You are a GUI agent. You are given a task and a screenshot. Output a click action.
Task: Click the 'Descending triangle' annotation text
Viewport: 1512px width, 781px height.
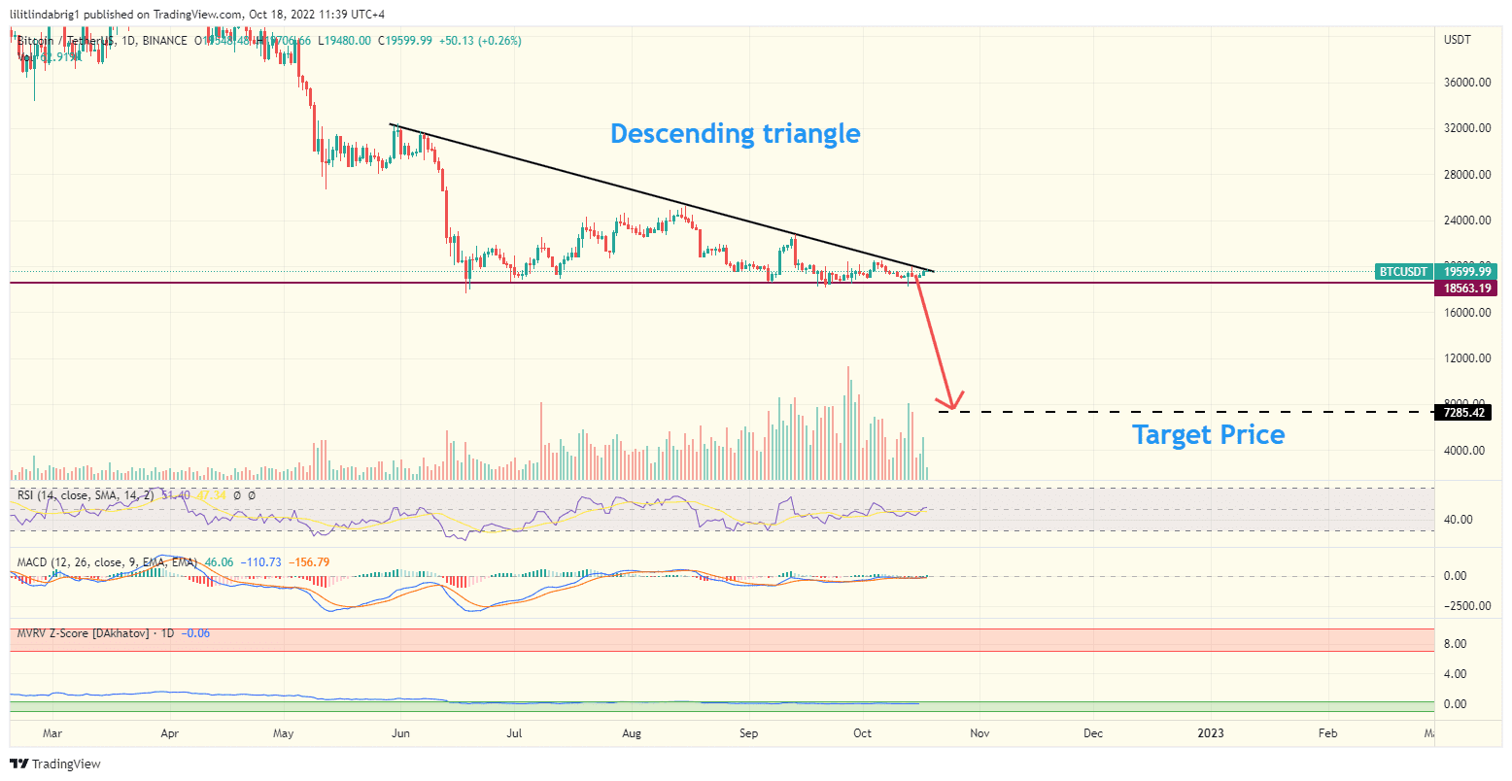(735, 133)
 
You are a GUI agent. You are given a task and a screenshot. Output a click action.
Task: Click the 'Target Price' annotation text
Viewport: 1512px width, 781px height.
(1208, 434)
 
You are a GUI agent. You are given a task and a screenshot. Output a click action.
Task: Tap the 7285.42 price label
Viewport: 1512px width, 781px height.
(1463, 413)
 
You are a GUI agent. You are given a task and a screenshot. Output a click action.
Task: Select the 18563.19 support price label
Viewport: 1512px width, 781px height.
(1463, 289)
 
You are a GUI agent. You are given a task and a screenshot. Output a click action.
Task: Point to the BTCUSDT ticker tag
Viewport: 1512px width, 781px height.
(1404, 272)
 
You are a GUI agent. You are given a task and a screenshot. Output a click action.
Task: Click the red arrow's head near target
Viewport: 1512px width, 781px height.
(950, 401)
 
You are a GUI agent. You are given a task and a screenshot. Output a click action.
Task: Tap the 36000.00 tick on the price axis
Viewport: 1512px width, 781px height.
(1467, 83)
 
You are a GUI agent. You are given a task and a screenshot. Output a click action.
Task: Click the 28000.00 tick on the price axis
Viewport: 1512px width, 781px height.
(1467, 175)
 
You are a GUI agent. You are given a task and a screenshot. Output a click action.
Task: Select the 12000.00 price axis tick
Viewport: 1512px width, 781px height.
(1467, 358)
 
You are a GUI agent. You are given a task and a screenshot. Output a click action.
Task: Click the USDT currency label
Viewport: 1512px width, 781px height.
(1458, 40)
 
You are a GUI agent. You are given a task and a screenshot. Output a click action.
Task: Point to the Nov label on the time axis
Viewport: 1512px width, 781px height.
(979, 733)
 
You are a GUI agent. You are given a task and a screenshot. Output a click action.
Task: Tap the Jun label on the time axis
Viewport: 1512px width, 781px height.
(399, 733)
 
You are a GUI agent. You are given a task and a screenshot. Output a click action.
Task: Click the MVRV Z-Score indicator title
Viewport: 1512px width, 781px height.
(83, 633)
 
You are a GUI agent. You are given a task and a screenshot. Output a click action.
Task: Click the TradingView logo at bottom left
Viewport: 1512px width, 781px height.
(55, 764)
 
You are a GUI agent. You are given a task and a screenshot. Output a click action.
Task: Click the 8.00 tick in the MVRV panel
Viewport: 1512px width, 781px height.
(1454, 644)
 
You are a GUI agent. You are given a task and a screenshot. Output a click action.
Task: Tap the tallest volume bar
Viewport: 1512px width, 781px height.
(848, 423)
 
